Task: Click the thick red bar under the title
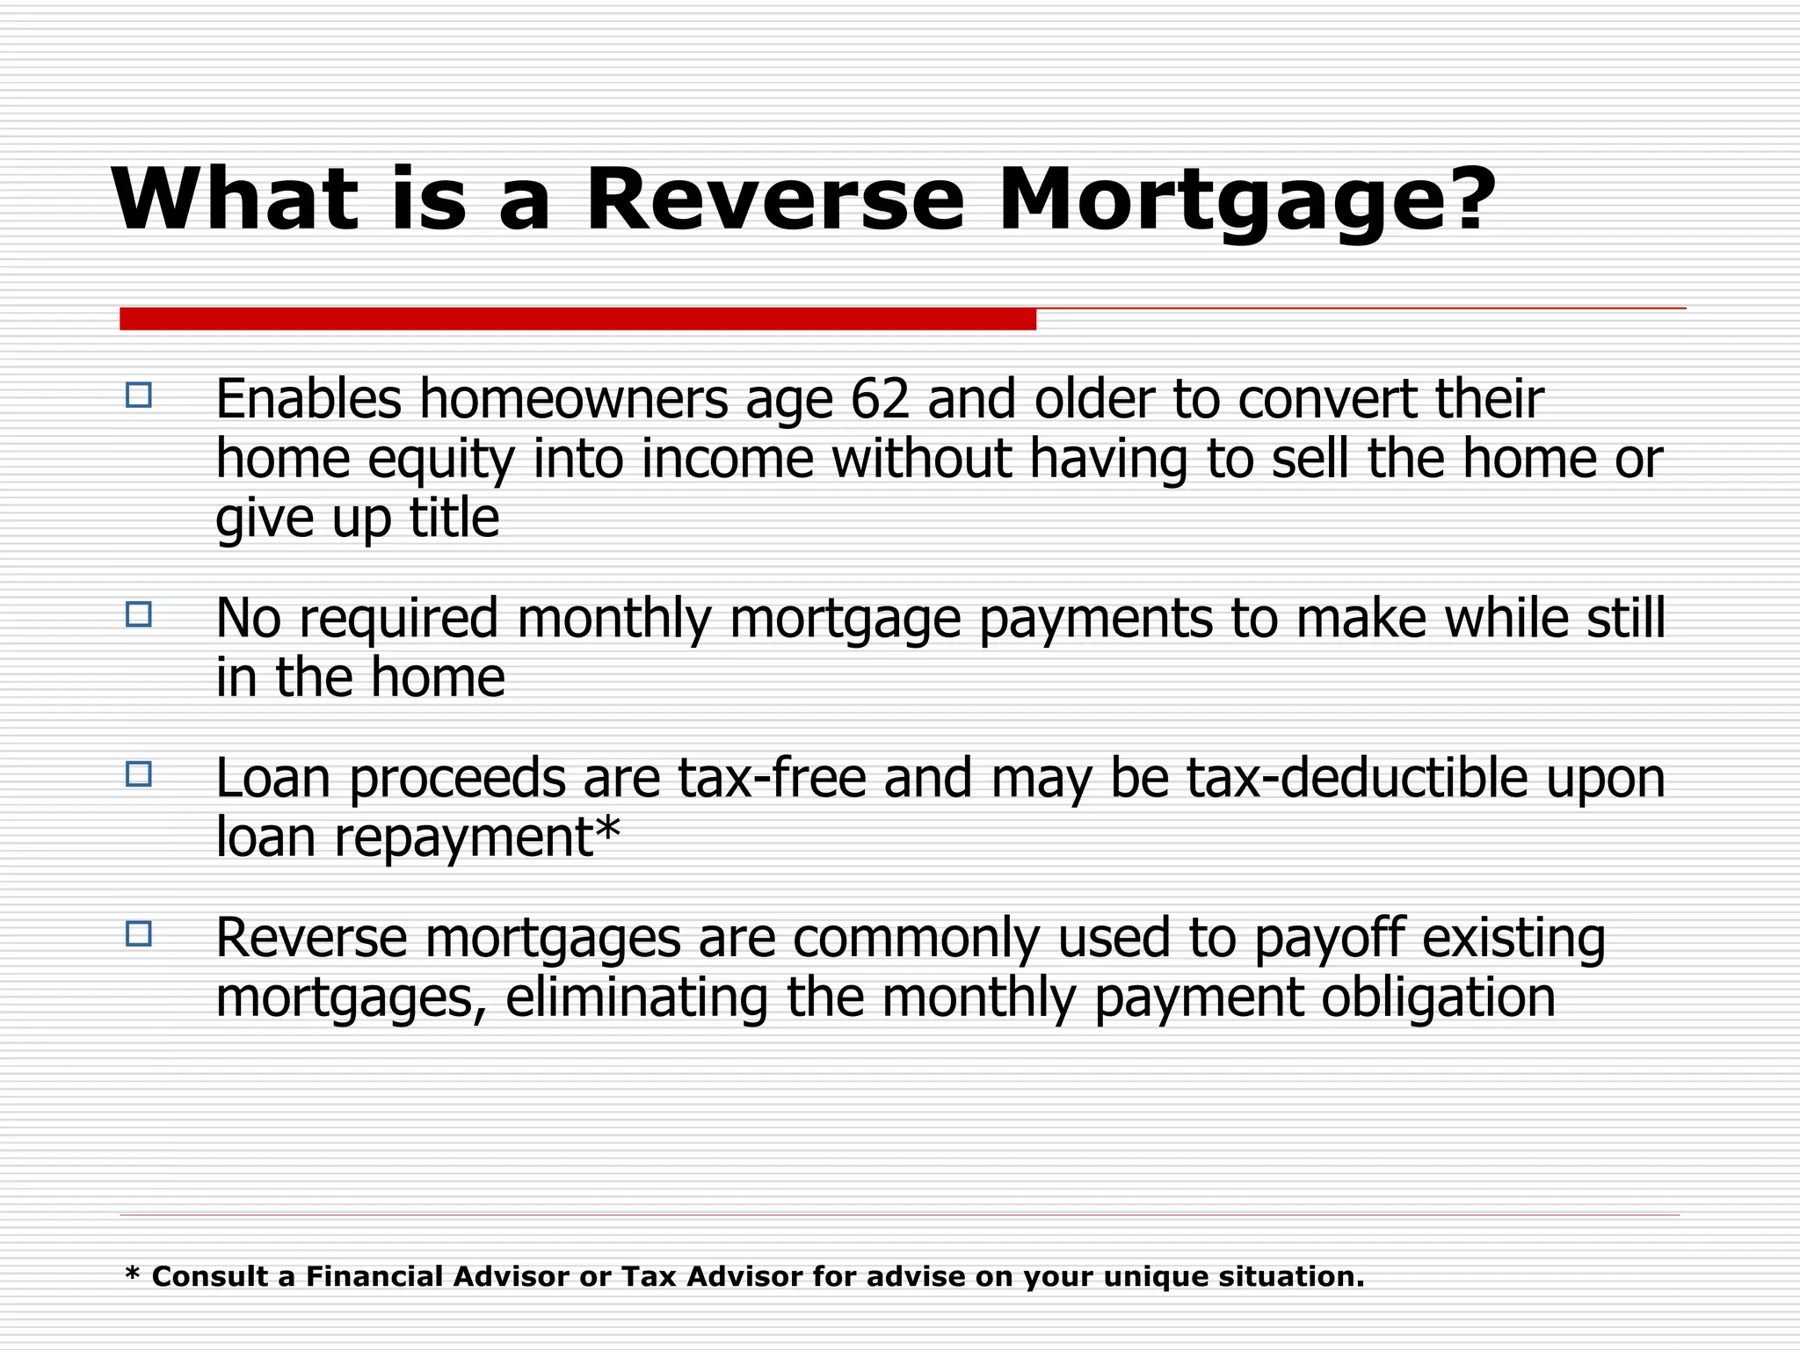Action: (577, 319)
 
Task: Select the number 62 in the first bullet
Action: (879, 400)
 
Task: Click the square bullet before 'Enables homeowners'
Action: (139, 396)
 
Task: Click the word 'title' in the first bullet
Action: (454, 518)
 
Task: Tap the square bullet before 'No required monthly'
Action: (139, 614)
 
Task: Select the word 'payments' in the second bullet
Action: (1095, 619)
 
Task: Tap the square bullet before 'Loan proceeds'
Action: (139, 774)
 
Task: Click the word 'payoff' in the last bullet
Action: (1328, 939)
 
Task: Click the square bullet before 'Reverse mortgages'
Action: (139, 933)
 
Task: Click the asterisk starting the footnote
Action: (133, 1274)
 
